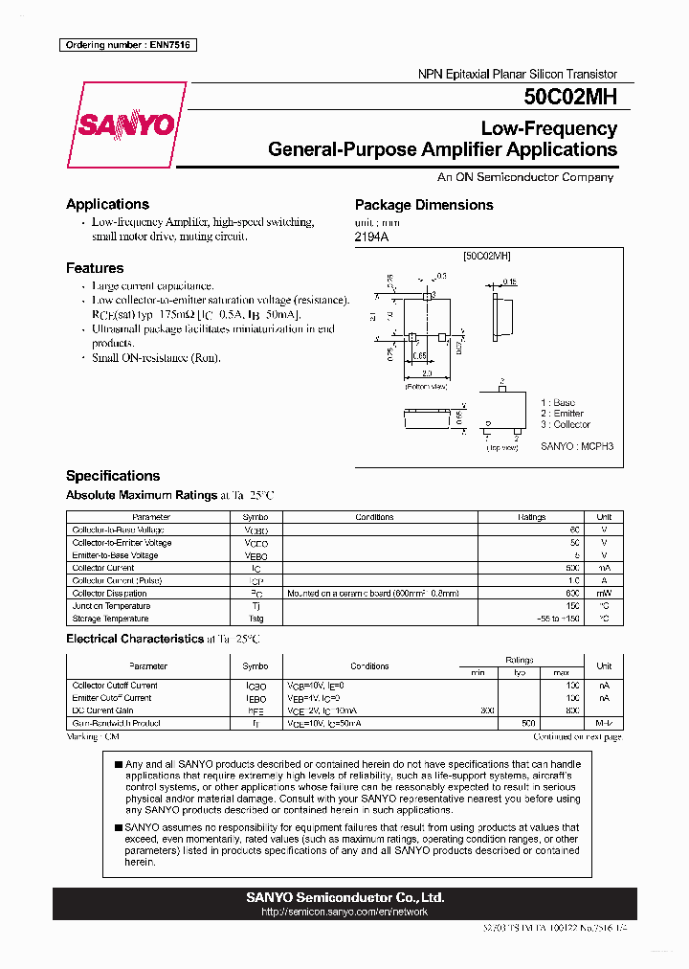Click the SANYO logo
126,125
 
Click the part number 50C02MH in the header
570,97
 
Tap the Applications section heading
107,204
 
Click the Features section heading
95,268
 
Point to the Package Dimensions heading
424,205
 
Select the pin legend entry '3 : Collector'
566,424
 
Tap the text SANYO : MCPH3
577,446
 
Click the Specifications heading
113,476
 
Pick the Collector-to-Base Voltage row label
118,530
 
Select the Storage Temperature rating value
559,619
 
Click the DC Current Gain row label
104,710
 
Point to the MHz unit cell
604,724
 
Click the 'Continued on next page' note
577,737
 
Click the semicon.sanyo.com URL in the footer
344,912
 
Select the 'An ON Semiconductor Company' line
525,177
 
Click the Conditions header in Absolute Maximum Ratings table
374,517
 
